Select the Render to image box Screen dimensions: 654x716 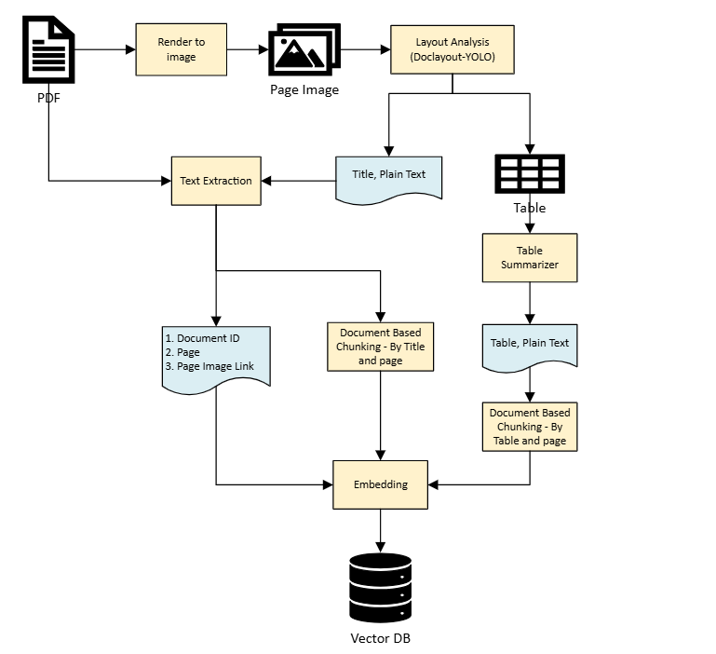(182, 50)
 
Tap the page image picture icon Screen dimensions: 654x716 (304, 50)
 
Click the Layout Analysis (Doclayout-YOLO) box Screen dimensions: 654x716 (453, 50)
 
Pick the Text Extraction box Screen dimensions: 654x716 (216, 181)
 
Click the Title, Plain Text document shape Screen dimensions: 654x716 (388, 175)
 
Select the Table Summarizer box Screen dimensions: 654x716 (529, 257)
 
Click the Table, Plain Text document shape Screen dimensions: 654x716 (529, 345)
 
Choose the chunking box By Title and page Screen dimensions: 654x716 (380, 346)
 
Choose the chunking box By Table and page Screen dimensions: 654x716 (529, 427)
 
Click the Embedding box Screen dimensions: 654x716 (380, 484)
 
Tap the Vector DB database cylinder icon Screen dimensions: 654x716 (380, 588)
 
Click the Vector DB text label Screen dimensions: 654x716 (380, 639)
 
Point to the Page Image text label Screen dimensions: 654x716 (304, 90)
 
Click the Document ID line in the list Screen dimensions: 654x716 (202, 338)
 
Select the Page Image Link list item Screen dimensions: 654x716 (209, 366)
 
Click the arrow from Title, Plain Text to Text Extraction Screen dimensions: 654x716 (299, 181)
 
